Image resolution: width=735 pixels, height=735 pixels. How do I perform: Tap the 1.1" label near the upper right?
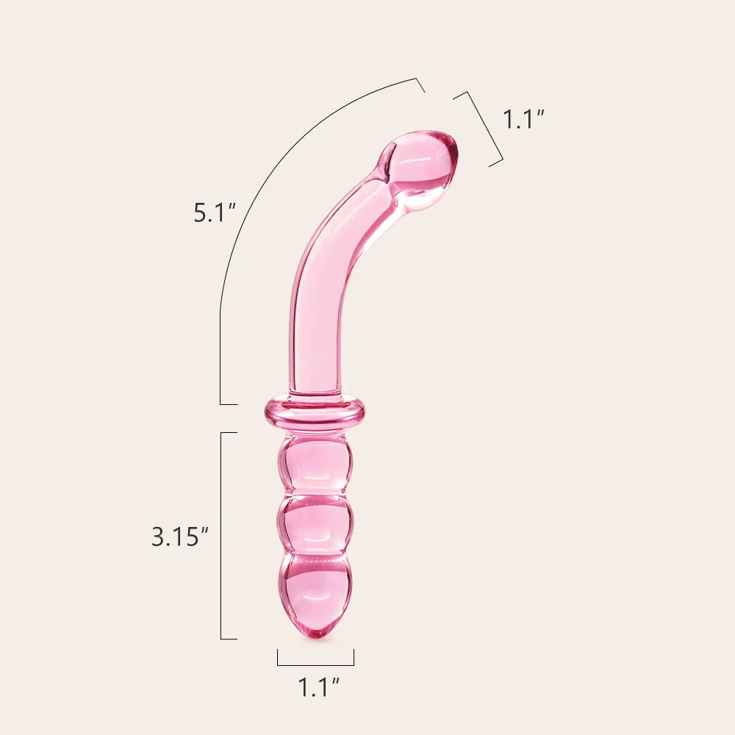coord(523,118)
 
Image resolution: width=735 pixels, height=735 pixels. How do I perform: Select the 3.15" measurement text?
coord(176,537)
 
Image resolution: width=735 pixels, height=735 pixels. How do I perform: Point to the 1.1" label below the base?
coord(318,688)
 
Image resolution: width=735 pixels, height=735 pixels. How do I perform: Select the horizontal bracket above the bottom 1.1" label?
coord(315,665)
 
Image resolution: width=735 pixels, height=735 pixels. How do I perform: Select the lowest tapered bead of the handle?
coord(315,588)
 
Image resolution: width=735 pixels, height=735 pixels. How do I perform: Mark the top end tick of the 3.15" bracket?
coord(229,433)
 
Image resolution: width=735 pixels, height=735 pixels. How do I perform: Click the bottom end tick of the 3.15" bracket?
coord(229,639)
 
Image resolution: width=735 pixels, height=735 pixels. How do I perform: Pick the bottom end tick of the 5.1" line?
coord(229,404)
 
